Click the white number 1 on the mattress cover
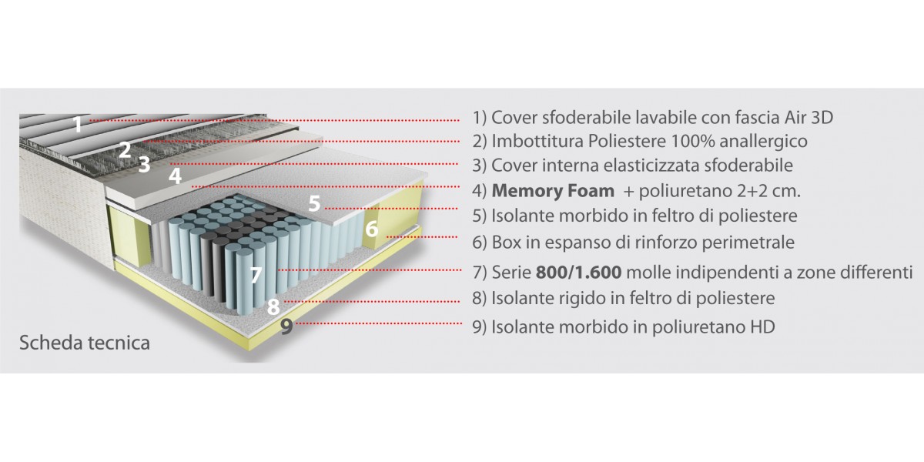78,124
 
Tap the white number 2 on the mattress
125,150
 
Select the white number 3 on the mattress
144,165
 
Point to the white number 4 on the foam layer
175,176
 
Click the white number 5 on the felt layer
314,204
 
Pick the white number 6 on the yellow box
372,229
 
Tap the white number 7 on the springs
256,275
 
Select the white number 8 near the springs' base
273,307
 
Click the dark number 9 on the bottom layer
286,326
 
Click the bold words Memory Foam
553,191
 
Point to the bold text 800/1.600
578,273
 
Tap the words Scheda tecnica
85,343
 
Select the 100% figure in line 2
692,141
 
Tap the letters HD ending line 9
762,327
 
